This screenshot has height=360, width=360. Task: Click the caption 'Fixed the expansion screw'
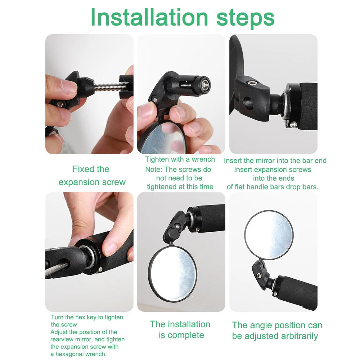(92, 176)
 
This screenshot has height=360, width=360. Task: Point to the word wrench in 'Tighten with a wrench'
(203, 159)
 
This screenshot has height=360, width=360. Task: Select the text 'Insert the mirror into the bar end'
(275, 161)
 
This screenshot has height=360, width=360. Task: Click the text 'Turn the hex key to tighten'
(87, 317)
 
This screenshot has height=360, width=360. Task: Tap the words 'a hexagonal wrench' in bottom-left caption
(78, 354)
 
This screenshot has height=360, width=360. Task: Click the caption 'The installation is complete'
(180, 329)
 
